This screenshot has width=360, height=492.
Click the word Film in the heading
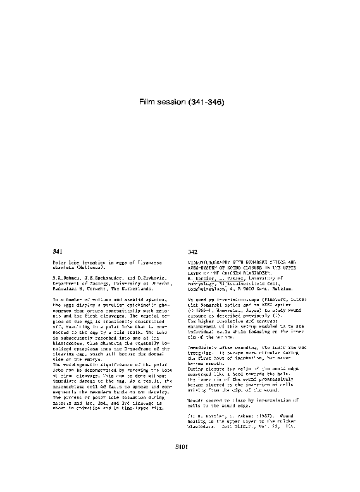pos(148,101)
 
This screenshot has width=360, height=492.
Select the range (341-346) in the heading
pos(202,101)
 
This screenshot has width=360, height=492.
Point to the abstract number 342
pos(193,252)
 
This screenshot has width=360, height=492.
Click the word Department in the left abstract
pos(68,281)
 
